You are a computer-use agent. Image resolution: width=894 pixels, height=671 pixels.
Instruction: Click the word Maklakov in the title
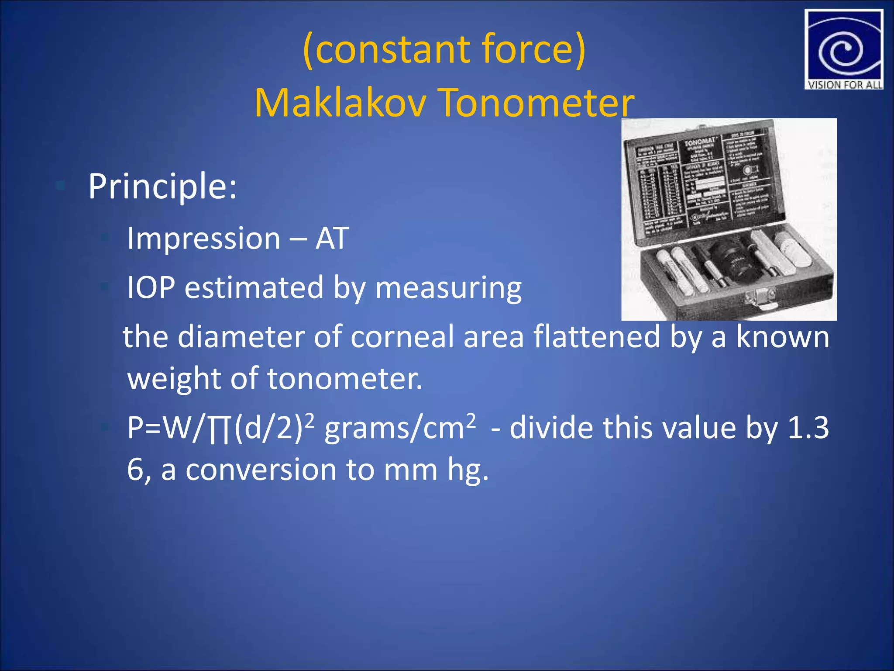pyautogui.click(x=340, y=103)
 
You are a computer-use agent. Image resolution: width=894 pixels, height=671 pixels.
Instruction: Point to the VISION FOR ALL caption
pyautogui.click(x=844, y=85)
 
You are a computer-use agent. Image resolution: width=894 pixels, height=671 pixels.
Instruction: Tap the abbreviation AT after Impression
pyautogui.click(x=332, y=239)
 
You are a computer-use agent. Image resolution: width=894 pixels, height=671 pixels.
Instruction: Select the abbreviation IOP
pyautogui.click(x=151, y=288)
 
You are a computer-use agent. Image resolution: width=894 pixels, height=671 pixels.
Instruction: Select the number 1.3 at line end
pyautogui.click(x=808, y=428)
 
